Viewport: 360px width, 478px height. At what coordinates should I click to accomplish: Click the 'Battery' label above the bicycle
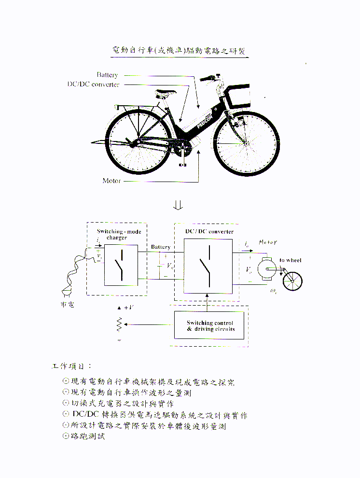coord(107,75)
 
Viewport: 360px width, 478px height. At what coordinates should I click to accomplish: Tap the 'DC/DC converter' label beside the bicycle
coord(93,84)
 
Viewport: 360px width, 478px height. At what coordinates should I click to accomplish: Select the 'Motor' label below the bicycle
coord(111,181)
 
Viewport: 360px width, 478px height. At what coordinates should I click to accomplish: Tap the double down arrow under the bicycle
coord(178,205)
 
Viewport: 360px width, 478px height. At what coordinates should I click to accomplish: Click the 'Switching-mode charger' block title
coord(119,235)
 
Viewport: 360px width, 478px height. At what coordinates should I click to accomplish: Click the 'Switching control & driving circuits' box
coord(209,325)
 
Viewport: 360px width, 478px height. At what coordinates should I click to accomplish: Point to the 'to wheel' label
coord(290,260)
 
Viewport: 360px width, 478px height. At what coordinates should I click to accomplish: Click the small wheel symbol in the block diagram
coord(292,281)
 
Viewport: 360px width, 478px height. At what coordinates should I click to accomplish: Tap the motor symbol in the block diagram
coord(265,268)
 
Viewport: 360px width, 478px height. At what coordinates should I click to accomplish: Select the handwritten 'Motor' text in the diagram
coord(268,242)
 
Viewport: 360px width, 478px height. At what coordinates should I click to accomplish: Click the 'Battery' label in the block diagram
coord(161,247)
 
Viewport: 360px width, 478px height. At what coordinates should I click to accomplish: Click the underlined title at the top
coord(180,51)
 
